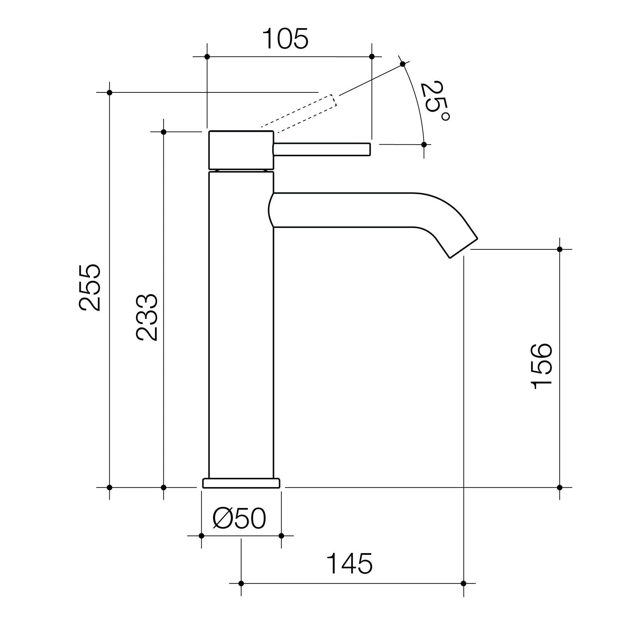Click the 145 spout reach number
coord(350,563)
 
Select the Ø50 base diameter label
coord(239,518)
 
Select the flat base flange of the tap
coord(241,483)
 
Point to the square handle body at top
coord(241,150)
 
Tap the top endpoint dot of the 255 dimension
coord(109,92)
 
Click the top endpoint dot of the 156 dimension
coord(559,249)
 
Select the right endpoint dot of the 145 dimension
coord(463,583)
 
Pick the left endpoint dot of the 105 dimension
coord(207,57)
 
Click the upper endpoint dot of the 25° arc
coord(402,64)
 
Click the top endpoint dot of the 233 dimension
coord(163,132)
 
